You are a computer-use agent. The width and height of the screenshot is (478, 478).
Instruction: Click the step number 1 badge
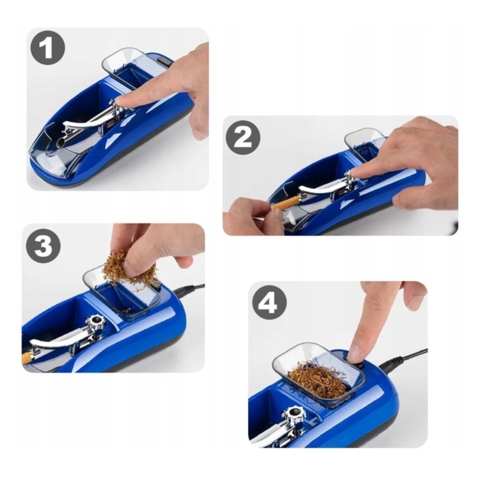[48, 47]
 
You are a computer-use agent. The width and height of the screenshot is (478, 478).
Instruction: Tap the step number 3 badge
[43, 245]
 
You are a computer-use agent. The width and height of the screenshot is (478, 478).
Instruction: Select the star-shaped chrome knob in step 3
[95, 323]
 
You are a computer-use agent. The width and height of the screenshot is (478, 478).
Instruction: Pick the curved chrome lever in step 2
[318, 189]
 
